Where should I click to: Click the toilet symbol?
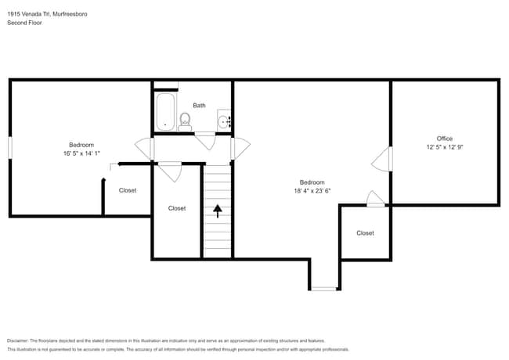[x=185, y=121]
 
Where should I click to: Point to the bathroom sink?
[x=223, y=121]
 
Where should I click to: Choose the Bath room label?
[x=199, y=106]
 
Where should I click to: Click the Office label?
[x=445, y=139]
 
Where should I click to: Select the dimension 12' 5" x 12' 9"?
[x=445, y=147]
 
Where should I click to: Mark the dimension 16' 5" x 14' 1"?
[x=81, y=154]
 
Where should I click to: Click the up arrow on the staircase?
[x=217, y=210]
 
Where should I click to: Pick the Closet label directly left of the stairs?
[x=177, y=208]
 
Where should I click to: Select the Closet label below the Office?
[x=365, y=233]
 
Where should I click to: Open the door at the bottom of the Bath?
[x=205, y=142]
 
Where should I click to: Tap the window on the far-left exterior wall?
[x=9, y=147]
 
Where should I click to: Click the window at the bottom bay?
[x=323, y=289]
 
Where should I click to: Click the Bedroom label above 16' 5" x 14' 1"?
[x=81, y=145]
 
